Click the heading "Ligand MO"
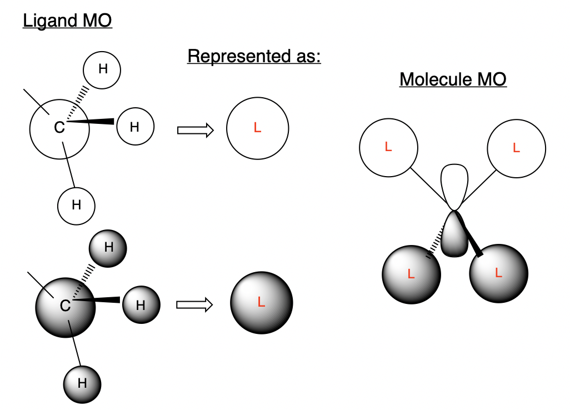coord(67,22)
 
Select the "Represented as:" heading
coord(254,56)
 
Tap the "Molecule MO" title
coord(453,79)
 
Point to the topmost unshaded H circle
coord(102,70)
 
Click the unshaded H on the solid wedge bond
coord(134,126)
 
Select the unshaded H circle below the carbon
coord(77,205)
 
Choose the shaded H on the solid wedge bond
coord(141,304)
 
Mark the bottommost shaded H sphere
coord(82,383)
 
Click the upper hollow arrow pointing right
coord(195,130)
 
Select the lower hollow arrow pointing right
coord(195,304)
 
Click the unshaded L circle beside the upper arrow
coord(257,128)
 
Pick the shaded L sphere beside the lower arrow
coord(261,303)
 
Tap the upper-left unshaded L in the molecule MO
coord(388,147)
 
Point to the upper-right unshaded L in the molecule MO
coord(516,148)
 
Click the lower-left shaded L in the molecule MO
coord(411,274)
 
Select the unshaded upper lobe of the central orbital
coord(454,183)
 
